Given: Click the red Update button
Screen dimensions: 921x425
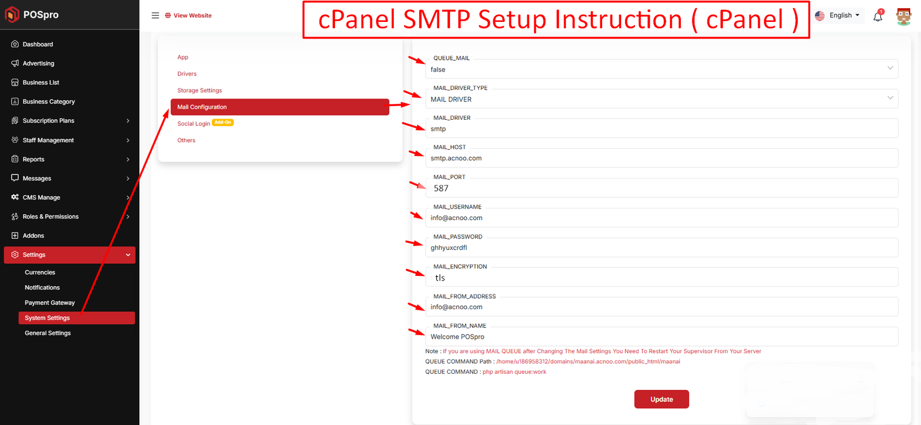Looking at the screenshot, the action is coord(661,399).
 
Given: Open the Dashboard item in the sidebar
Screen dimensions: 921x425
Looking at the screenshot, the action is coord(37,44).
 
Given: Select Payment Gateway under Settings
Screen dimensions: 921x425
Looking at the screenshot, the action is coord(50,302).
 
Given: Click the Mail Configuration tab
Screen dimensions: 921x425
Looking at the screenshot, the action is coord(280,107).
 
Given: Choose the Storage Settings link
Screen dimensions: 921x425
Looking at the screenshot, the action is coord(199,90).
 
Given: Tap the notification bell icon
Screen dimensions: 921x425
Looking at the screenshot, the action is coord(878,16).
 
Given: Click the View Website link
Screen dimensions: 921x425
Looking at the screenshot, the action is coord(188,15).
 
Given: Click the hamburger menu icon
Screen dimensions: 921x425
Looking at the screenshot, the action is coord(155,15).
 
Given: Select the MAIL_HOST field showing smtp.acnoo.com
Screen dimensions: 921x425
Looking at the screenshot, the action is coord(661,158).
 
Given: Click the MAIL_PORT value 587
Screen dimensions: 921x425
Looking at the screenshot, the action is coord(441,188).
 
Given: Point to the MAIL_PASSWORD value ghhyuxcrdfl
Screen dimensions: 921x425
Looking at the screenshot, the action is coord(448,248).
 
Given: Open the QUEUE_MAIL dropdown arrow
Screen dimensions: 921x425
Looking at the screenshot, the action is coord(890,68).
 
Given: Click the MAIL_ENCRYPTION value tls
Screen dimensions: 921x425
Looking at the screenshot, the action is coord(440,278).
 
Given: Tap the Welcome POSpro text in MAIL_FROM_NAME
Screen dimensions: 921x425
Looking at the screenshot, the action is coord(457,336).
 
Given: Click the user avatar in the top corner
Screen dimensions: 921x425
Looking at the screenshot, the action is coord(903,16).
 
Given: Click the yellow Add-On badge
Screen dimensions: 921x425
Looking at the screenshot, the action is coord(223,122).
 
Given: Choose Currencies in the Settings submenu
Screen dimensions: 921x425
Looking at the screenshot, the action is coord(40,272).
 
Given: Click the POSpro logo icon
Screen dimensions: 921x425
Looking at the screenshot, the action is coord(12,14).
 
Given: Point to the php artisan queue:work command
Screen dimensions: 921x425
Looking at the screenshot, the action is coord(514,372).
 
